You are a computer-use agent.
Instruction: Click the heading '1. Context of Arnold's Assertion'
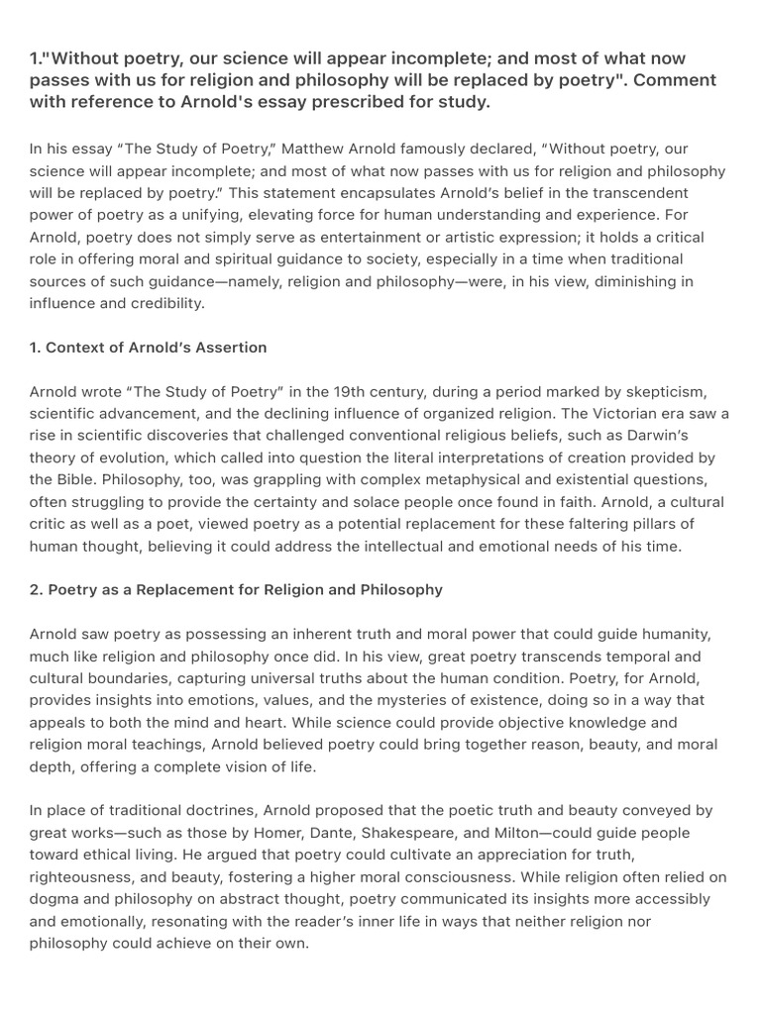pyautogui.click(x=149, y=348)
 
